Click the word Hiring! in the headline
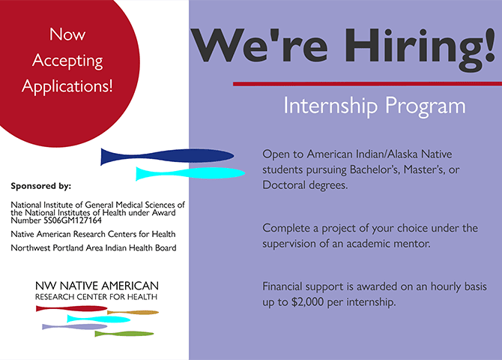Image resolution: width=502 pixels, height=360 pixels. click(x=420, y=49)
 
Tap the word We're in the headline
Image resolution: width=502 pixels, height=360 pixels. click(x=259, y=45)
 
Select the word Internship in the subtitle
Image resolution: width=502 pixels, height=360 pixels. click(x=330, y=106)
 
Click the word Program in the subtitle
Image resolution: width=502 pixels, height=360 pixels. click(x=426, y=106)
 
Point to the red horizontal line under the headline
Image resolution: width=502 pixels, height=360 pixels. click(x=367, y=84)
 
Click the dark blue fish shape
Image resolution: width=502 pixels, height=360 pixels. click(x=167, y=157)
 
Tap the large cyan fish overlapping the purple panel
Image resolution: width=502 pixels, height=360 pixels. click(x=190, y=173)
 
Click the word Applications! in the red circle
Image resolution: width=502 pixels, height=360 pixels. click(x=67, y=86)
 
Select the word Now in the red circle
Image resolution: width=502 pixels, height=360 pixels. click(x=67, y=34)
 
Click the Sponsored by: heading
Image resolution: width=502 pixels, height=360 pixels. click(x=41, y=186)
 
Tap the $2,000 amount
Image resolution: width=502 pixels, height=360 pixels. click(x=307, y=302)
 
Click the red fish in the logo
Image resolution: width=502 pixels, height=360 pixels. click(x=71, y=308)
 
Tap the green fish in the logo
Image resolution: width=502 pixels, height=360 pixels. click(x=124, y=334)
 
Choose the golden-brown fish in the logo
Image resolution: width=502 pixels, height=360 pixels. click(x=133, y=312)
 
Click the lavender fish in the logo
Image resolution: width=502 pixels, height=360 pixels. click(x=74, y=327)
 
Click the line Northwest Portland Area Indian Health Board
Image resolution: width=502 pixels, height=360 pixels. click(x=94, y=247)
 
